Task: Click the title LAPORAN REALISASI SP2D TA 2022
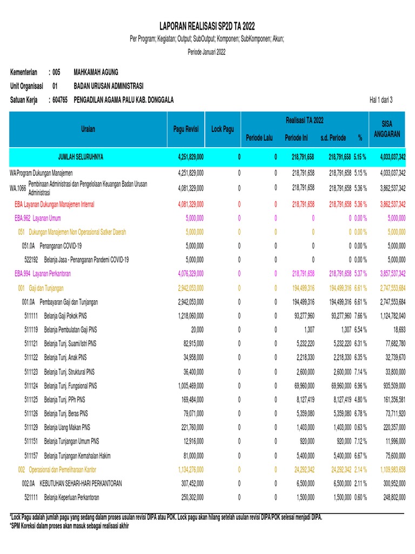point(207,26)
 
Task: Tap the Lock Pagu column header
point(223,129)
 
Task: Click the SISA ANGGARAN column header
point(386,129)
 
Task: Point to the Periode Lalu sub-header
point(259,138)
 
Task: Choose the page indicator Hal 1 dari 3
point(381,100)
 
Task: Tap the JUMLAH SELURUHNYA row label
point(81,157)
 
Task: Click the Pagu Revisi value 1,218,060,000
point(191,315)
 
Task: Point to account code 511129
point(32,427)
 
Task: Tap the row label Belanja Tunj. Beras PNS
point(70,413)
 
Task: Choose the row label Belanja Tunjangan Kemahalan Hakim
point(85,456)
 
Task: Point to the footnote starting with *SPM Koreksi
point(70,525)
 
